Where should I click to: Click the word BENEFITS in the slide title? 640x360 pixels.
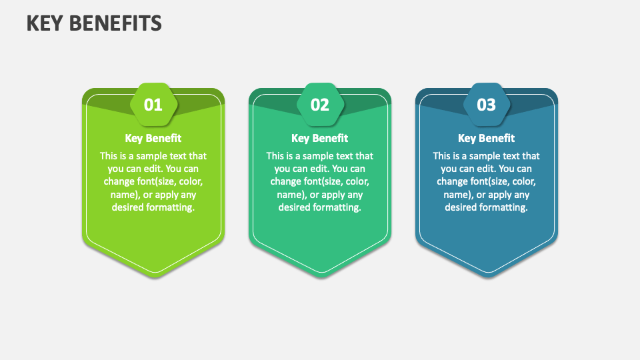coord(115,23)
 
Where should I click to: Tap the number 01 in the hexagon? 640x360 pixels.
coord(153,105)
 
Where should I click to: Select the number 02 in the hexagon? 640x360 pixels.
coord(319,105)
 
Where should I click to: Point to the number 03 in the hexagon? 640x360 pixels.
coord(486,105)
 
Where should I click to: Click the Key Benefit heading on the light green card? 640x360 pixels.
coord(153,139)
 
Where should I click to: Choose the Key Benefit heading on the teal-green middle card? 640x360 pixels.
coord(319,139)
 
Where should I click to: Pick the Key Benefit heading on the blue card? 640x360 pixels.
coord(486,139)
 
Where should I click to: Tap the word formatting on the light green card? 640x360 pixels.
coord(171,207)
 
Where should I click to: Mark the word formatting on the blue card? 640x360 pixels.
coord(504,207)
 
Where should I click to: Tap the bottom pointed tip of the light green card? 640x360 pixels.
coord(155,277)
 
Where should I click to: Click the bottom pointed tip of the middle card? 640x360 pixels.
coord(321,277)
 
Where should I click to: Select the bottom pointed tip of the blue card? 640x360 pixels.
coord(488,277)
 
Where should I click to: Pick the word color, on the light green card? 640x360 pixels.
coord(191,181)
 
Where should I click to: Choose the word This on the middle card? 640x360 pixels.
coord(275,156)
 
